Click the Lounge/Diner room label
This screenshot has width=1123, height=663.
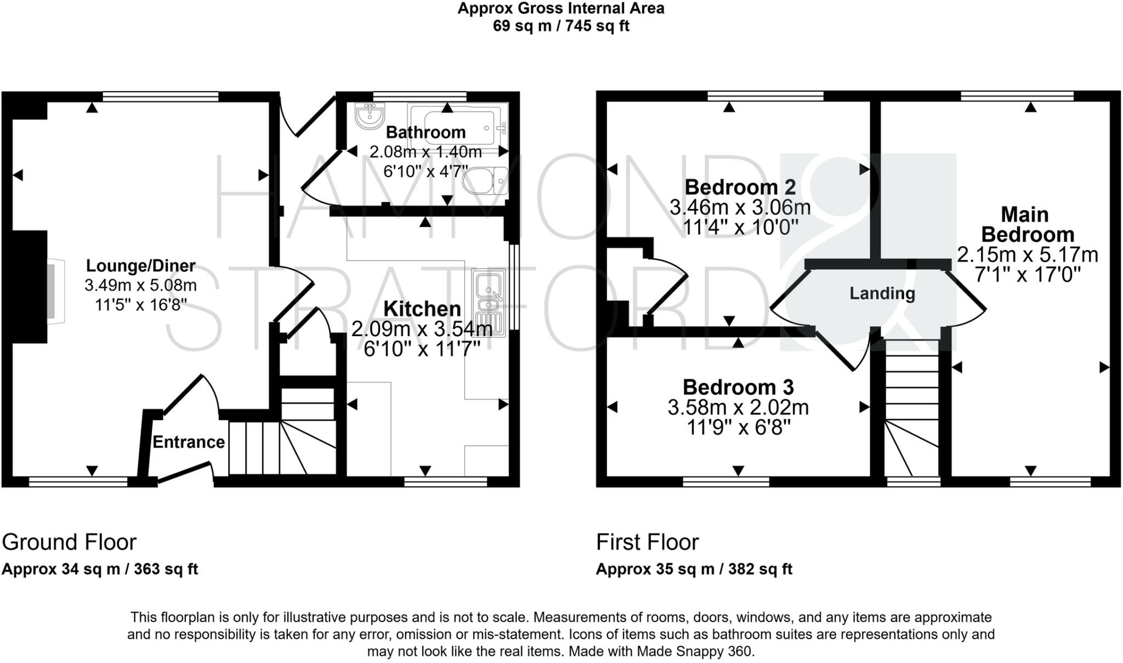pyautogui.click(x=140, y=266)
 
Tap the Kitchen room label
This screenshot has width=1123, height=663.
pyautogui.click(x=422, y=309)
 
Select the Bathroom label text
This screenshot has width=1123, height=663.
pyautogui.click(x=426, y=132)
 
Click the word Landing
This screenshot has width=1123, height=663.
pyautogui.click(x=882, y=293)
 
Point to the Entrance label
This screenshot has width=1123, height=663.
pyautogui.click(x=189, y=442)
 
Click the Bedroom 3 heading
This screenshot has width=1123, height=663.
pyautogui.click(x=738, y=387)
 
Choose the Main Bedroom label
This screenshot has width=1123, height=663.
pyautogui.click(x=1027, y=224)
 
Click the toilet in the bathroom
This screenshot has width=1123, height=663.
pyautogui.click(x=486, y=181)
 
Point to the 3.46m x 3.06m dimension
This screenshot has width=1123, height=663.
pyautogui.click(x=740, y=207)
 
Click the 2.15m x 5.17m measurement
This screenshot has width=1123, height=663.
pyautogui.click(x=1027, y=255)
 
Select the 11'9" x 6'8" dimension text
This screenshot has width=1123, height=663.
pyautogui.click(x=738, y=427)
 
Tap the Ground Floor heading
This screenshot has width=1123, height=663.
pyautogui.click(x=69, y=542)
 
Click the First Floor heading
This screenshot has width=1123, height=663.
pyautogui.click(x=647, y=542)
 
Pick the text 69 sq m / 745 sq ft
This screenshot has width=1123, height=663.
pyautogui.click(x=561, y=26)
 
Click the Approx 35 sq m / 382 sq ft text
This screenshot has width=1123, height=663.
pyautogui.click(x=694, y=569)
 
